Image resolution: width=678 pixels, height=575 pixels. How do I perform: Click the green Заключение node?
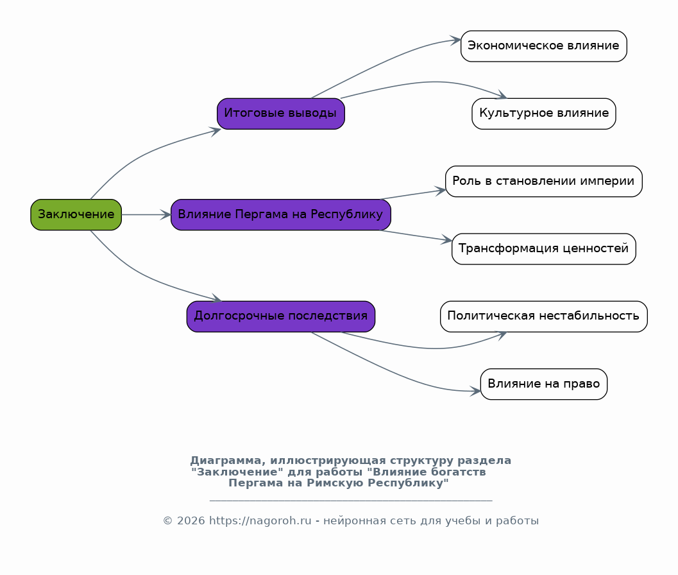[76, 214]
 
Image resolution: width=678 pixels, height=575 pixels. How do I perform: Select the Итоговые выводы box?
[280, 114]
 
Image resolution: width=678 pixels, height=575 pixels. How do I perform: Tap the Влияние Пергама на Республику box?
[280, 214]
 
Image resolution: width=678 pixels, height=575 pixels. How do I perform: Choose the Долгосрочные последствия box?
[280, 317]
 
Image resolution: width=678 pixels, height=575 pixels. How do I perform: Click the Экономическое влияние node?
[543, 46]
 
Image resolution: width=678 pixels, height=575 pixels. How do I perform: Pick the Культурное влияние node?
[543, 114]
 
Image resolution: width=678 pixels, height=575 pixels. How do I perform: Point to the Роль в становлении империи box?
[543, 181]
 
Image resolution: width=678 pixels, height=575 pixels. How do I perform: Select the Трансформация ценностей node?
[543, 249]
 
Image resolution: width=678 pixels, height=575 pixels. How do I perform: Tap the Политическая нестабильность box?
[543, 317]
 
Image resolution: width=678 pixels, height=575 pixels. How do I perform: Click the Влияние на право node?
[543, 384]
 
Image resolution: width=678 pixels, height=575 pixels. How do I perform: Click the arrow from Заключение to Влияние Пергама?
[146, 214]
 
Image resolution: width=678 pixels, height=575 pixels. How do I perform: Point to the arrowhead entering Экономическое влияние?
[456, 40]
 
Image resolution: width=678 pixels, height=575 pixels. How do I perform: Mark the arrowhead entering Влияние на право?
[476, 391]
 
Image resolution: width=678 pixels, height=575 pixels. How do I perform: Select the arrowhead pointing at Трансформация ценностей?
[447, 240]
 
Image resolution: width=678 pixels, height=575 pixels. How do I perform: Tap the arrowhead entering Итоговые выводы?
[216, 131]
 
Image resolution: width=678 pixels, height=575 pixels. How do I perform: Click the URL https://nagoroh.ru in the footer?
[260, 520]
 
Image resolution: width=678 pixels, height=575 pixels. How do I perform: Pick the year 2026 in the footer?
[191, 520]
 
